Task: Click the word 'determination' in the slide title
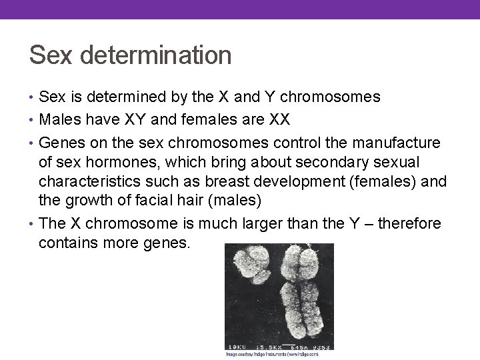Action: point(156,55)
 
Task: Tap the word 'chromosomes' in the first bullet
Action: point(330,97)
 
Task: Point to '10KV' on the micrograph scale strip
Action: point(237,346)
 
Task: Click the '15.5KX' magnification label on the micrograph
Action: point(265,346)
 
